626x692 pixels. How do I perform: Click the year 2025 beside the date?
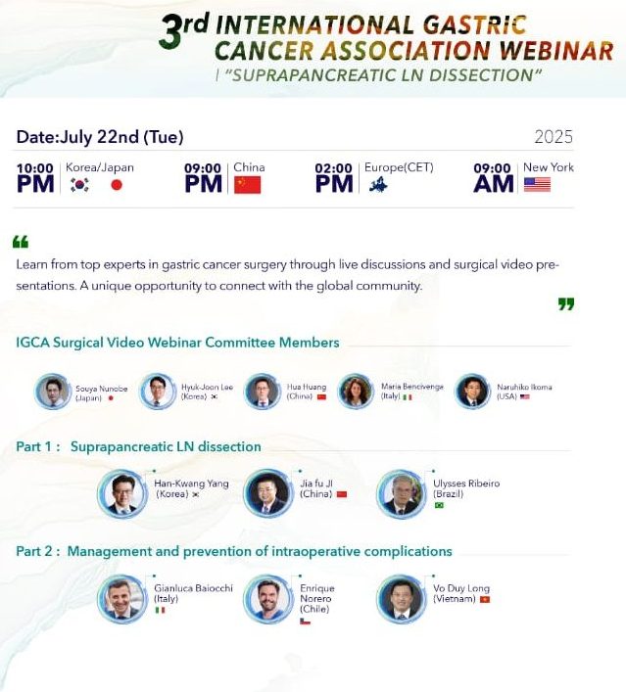[554, 137]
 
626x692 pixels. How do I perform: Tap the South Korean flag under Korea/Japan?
[79, 185]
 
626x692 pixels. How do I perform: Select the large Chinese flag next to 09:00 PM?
[248, 185]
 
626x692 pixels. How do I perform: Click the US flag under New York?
[537, 184]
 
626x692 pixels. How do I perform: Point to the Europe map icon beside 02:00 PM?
[378, 184]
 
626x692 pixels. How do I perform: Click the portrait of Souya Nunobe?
[53, 392]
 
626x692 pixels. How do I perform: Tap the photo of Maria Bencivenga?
[356, 391]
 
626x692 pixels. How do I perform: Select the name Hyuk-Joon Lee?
[207, 387]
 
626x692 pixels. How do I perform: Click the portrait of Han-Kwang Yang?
[122, 493]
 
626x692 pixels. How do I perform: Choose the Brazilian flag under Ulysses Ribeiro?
[439, 505]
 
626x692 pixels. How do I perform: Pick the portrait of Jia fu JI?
[268, 493]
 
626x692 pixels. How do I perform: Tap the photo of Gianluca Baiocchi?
[122, 598]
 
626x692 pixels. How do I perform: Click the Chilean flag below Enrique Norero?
[305, 622]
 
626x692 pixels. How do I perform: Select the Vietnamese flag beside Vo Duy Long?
[485, 599]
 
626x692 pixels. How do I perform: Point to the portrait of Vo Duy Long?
[402, 598]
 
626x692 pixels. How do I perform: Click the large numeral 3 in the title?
[170, 31]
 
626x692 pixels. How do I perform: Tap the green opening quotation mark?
[21, 242]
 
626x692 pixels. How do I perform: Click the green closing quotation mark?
[566, 304]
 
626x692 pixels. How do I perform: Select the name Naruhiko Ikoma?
[524, 387]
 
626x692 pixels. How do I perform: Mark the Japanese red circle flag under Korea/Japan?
[117, 185]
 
